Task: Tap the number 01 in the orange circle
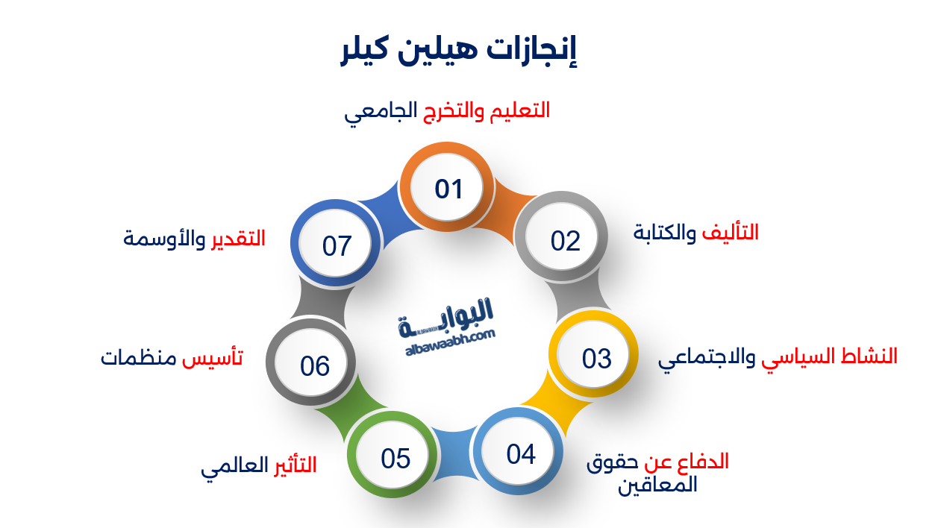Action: pos(449,189)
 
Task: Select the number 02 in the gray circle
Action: pos(566,241)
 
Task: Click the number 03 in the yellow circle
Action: pos(597,359)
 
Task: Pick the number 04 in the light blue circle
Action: pos(521,453)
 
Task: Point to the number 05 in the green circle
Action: pos(395,458)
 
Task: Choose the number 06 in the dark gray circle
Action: pos(315,365)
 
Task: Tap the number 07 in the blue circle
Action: pos(337,245)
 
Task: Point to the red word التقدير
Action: pos(237,239)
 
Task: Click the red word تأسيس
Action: pos(213,357)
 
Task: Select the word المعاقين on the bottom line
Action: pos(658,485)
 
